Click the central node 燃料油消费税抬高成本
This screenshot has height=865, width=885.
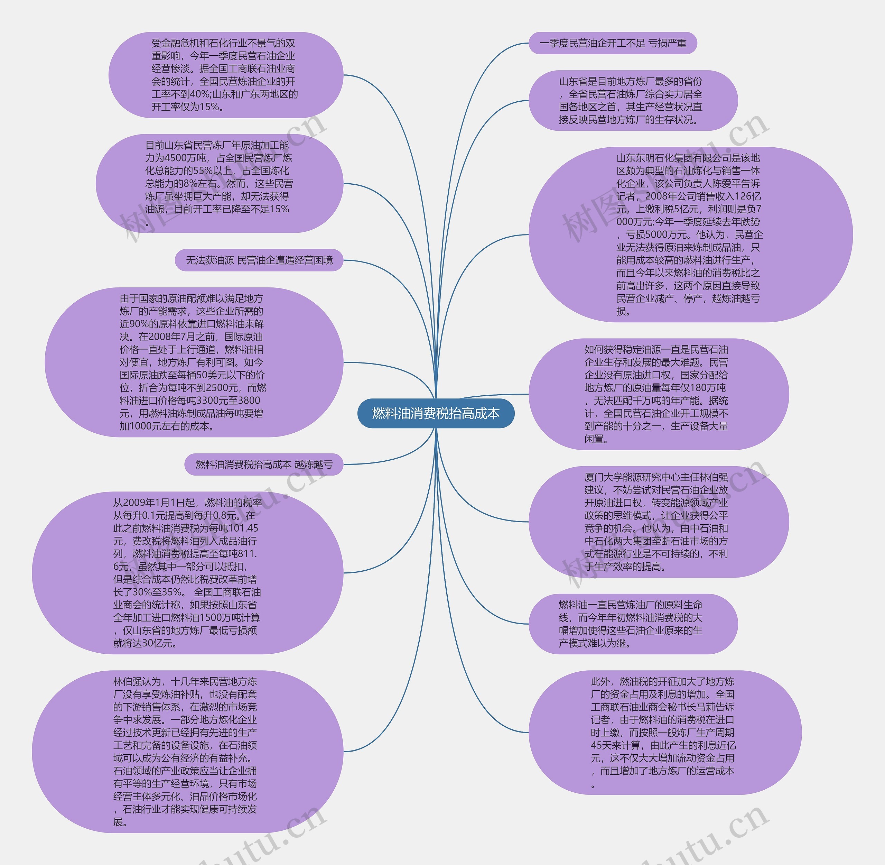(436, 413)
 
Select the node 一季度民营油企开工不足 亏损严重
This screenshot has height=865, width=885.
(613, 43)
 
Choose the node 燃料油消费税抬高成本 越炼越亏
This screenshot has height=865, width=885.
(263, 464)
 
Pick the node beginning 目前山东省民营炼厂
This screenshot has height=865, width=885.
(219, 184)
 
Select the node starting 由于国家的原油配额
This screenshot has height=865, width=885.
(194, 362)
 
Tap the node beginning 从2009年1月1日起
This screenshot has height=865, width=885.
(187, 572)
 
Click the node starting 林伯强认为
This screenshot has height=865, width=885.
(187, 752)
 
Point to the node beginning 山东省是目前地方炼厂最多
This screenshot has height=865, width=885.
(633, 100)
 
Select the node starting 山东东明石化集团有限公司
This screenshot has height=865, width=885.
(690, 234)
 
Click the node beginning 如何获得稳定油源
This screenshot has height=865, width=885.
(659, 394)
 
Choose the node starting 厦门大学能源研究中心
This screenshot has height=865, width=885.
(659, 522)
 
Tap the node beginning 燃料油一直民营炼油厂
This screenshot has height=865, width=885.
(633, 624)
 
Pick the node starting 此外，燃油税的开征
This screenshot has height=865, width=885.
(665, 732)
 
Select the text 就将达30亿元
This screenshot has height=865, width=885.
(145, 643)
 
